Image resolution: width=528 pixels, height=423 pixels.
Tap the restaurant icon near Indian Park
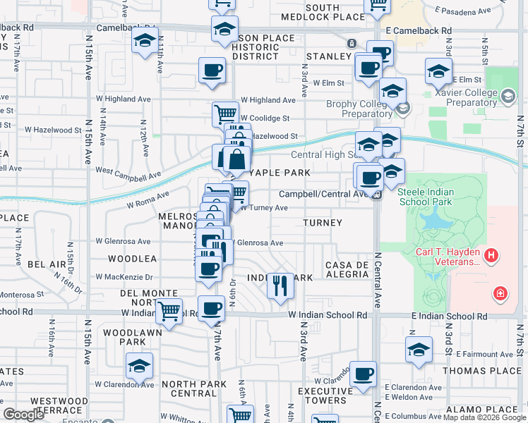(281, 286)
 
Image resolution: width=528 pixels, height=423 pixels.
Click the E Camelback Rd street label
(419, 31)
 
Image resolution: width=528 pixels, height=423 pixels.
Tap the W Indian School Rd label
(328, 316)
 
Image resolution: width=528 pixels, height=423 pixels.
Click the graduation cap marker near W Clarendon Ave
(139, 365)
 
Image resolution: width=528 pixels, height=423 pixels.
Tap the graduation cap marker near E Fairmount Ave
(419, 350)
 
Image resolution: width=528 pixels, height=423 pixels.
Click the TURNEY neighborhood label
(323, 223)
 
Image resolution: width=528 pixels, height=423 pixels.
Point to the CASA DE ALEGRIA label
(347, 271)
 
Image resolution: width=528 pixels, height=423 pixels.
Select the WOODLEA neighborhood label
(132, 259)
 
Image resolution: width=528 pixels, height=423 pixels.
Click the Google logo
(23, 415)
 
